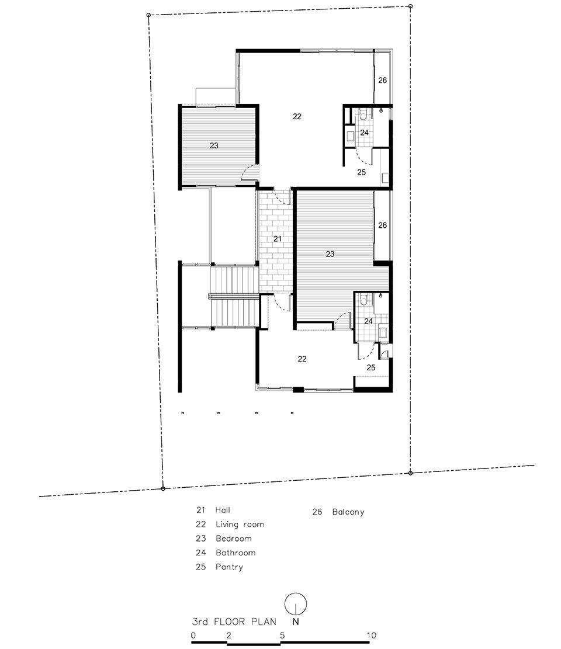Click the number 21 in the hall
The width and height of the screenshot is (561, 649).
click(x=278, y=239)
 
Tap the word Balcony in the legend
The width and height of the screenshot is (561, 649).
click(x=348, y=512)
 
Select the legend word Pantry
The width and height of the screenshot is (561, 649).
click(x=229, y=567)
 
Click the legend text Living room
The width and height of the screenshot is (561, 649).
click(x=240, y=525)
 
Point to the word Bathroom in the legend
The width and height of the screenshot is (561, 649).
click(x=236, y=553)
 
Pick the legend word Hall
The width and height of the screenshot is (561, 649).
click(x=223, y=511)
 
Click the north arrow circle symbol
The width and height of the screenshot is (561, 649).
click(x=296, y=603)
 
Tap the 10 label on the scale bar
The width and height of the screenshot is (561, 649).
click(x=372, y=636)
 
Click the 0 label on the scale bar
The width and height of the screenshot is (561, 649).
click(x=193, y=636)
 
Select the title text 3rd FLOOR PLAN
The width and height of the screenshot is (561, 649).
click(x=234, y=622)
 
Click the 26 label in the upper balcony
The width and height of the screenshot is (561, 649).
click(x=383, y=80)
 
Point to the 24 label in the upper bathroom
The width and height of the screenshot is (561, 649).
click(x=364, y=133)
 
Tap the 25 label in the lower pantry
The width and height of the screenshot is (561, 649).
click(x=371, y=367)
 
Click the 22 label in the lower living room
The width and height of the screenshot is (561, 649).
click(x=302, y=359)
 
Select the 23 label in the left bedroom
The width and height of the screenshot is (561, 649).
click(x=214, y=145)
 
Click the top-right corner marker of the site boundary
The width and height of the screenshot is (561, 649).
click(x=410, y=6)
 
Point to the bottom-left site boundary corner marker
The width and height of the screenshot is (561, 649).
click(x=162, y=489)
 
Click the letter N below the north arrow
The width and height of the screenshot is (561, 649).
click(x=296, y=622)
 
